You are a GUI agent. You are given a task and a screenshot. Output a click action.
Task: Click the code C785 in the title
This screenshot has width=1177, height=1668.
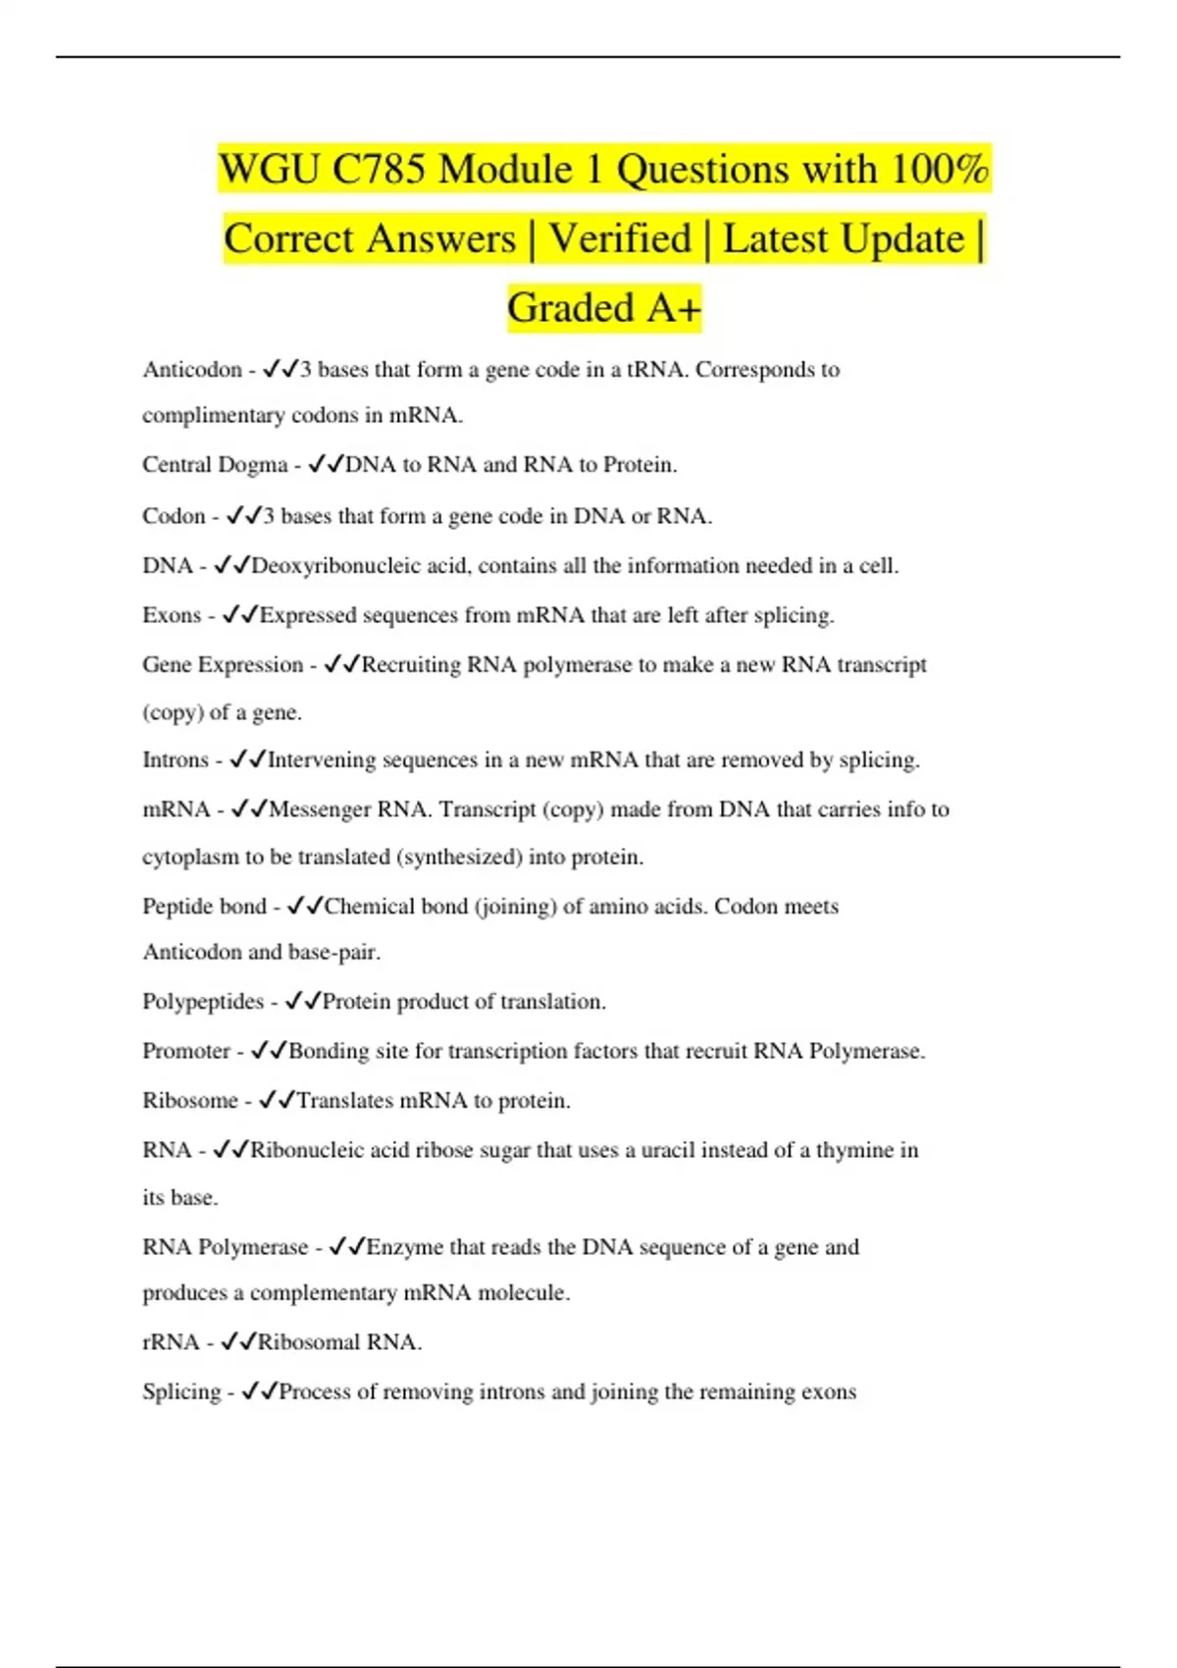379,170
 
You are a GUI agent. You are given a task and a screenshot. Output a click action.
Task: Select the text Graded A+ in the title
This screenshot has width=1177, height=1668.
604,308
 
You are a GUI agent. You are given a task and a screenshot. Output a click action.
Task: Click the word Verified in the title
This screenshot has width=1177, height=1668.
620,238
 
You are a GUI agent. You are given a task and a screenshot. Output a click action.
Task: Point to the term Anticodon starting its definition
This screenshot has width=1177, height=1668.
192,370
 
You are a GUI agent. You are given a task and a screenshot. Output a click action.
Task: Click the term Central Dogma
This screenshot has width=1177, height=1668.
215,465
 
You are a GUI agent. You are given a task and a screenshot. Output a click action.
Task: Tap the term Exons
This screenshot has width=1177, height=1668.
172,615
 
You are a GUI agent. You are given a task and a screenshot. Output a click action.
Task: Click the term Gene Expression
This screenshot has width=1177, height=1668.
223,665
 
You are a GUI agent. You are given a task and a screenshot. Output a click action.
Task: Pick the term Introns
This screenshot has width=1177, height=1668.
176,760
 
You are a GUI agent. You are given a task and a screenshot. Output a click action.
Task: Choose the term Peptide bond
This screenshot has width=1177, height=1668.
204,907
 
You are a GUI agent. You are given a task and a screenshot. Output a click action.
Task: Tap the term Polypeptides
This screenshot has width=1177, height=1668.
203,1002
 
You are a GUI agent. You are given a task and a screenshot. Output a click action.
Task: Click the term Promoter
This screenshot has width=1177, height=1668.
186,1051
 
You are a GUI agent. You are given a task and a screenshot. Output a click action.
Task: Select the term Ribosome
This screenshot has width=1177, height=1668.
190,1101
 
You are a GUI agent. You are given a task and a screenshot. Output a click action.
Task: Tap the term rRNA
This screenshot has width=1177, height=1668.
171,1342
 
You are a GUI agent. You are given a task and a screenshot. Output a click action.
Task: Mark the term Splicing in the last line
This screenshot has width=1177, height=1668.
181,1392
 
